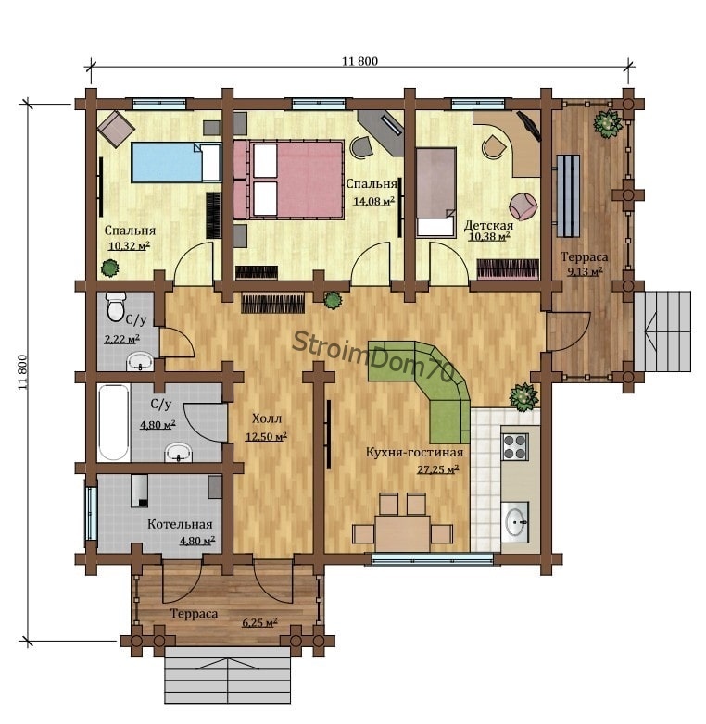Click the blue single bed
coord(176,162)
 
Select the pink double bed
coord(289,180)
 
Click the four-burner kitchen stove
coord(515,446)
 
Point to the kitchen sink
coord(515,522)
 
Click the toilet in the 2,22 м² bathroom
coord(115,306)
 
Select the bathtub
coord(114,423)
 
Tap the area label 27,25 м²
coord(438,469)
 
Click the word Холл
coord(267,418)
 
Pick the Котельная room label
coord(180,525)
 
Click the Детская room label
coord(488,225)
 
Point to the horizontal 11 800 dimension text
coord(359,61)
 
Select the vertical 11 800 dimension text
coord(23,372)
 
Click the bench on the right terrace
coord(568,195)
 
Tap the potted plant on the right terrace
coord(608,123)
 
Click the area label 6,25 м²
coord(259,622)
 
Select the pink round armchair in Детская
coord(523,206)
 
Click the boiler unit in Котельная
coord(139,491)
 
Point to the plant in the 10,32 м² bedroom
coord(110,268)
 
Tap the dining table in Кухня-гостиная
coord(402,533)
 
